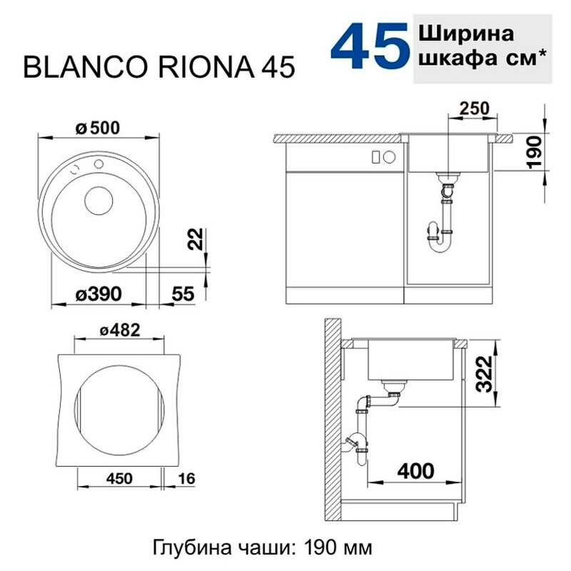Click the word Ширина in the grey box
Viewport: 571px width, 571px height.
(x=464, y=34)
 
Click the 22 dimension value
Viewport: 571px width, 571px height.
(x=200, y=243)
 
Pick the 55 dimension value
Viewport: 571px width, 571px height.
(x=184, y=293)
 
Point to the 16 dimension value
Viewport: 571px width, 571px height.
(x=186, y=478)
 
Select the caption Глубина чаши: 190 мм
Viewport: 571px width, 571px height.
(x=263, y=548)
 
